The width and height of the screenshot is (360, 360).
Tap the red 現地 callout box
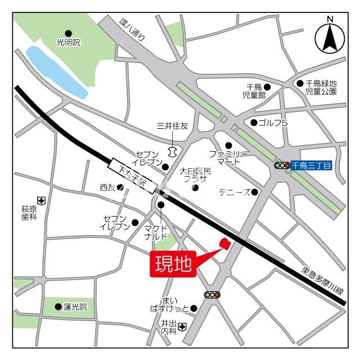(172, 263)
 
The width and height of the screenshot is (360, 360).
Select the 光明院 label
(69, 42)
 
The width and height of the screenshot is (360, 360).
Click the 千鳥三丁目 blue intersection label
(312, 165)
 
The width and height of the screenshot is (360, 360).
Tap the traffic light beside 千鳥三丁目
(282, 165)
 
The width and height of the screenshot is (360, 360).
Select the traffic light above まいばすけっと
(212, 294)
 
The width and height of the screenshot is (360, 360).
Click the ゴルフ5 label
(272, 123)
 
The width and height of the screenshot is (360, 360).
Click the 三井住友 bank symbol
(172, 151)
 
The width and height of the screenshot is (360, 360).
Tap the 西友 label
(107, 187)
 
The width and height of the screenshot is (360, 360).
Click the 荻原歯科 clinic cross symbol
(40, 200)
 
